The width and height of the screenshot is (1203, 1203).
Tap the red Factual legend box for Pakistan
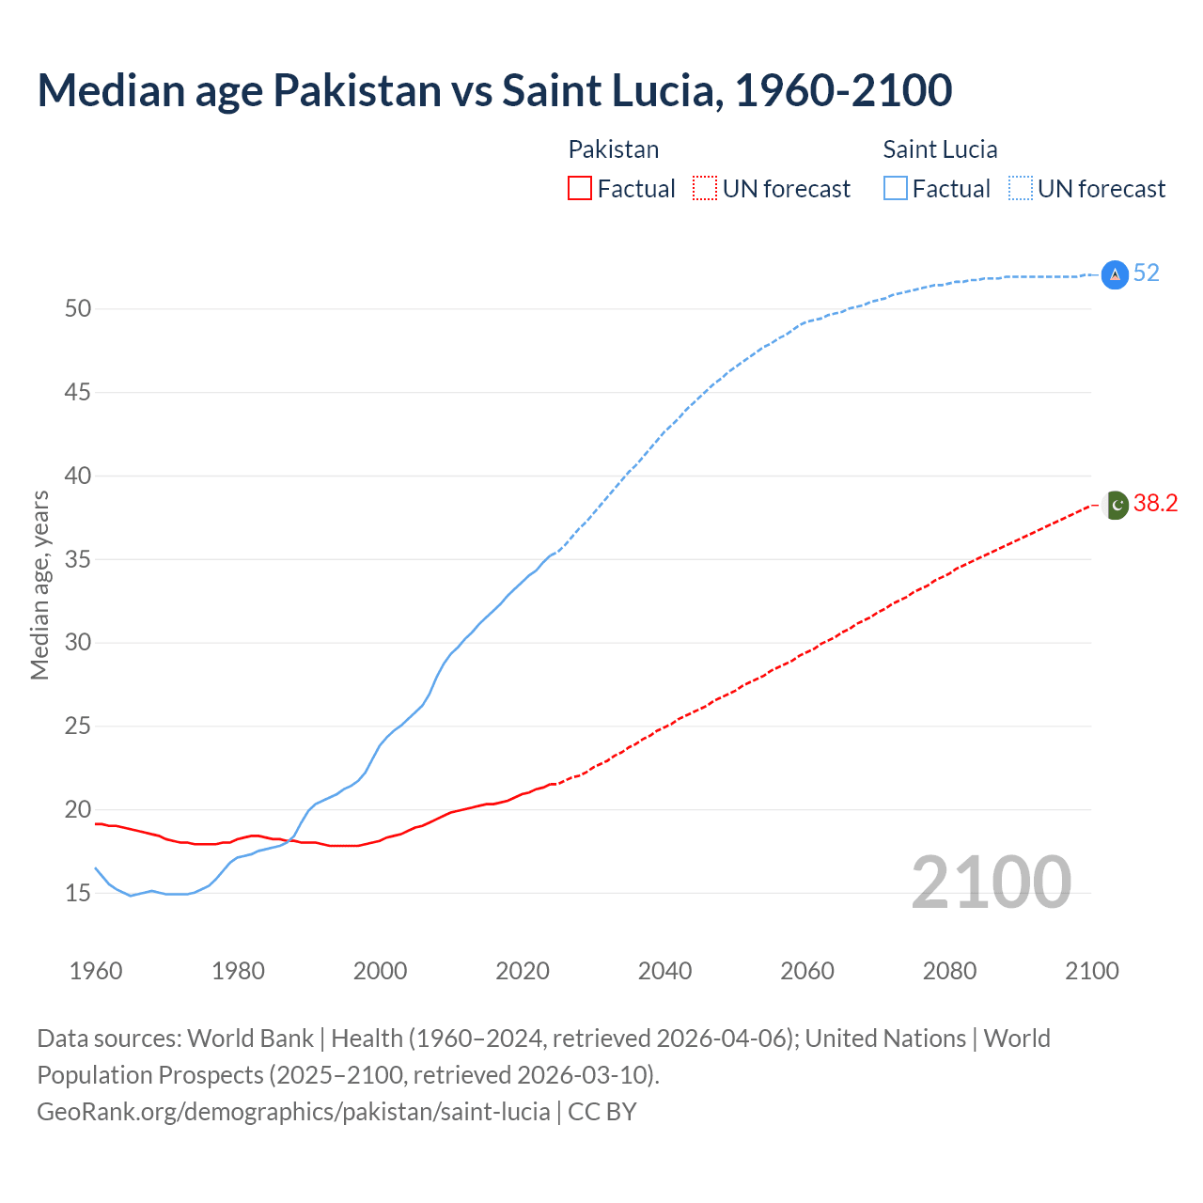click(x=580, y=189)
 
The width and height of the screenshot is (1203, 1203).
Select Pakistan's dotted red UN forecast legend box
click(x=705, y=189)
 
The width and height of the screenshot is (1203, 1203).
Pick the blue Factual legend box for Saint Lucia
click(x=896, y=189)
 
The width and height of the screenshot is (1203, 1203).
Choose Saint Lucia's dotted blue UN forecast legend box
click(x=1021, y=189)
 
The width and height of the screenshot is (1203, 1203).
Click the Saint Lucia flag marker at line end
click(x=1115, y=274)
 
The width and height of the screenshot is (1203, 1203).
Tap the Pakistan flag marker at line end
click(x=1116, y=505)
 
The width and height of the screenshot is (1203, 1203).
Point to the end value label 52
click(x=1147, y=273)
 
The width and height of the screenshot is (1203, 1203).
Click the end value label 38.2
click(x=1155, y=504)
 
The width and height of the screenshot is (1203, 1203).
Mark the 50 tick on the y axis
click(x=78, y=308)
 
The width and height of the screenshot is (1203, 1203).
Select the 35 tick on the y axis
click(x=78, y=559)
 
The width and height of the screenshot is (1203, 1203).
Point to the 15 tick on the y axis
click(x=78, y=893)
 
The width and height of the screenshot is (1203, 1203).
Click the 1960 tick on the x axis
click(x=96, y=971)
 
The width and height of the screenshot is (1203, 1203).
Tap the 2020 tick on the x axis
click(x=523, y=971)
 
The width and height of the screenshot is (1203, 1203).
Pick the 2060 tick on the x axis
click(x=807, y=971)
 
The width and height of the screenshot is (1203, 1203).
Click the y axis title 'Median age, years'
click(x=39, y=585)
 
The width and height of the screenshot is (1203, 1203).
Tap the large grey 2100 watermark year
click(x=991, y=882)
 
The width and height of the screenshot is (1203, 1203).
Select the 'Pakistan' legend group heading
click(x=614, y=149)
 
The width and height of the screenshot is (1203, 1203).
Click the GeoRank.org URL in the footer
click(x=293, y=1112)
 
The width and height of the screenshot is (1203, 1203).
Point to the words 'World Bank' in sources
click(x=250, y=1039)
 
